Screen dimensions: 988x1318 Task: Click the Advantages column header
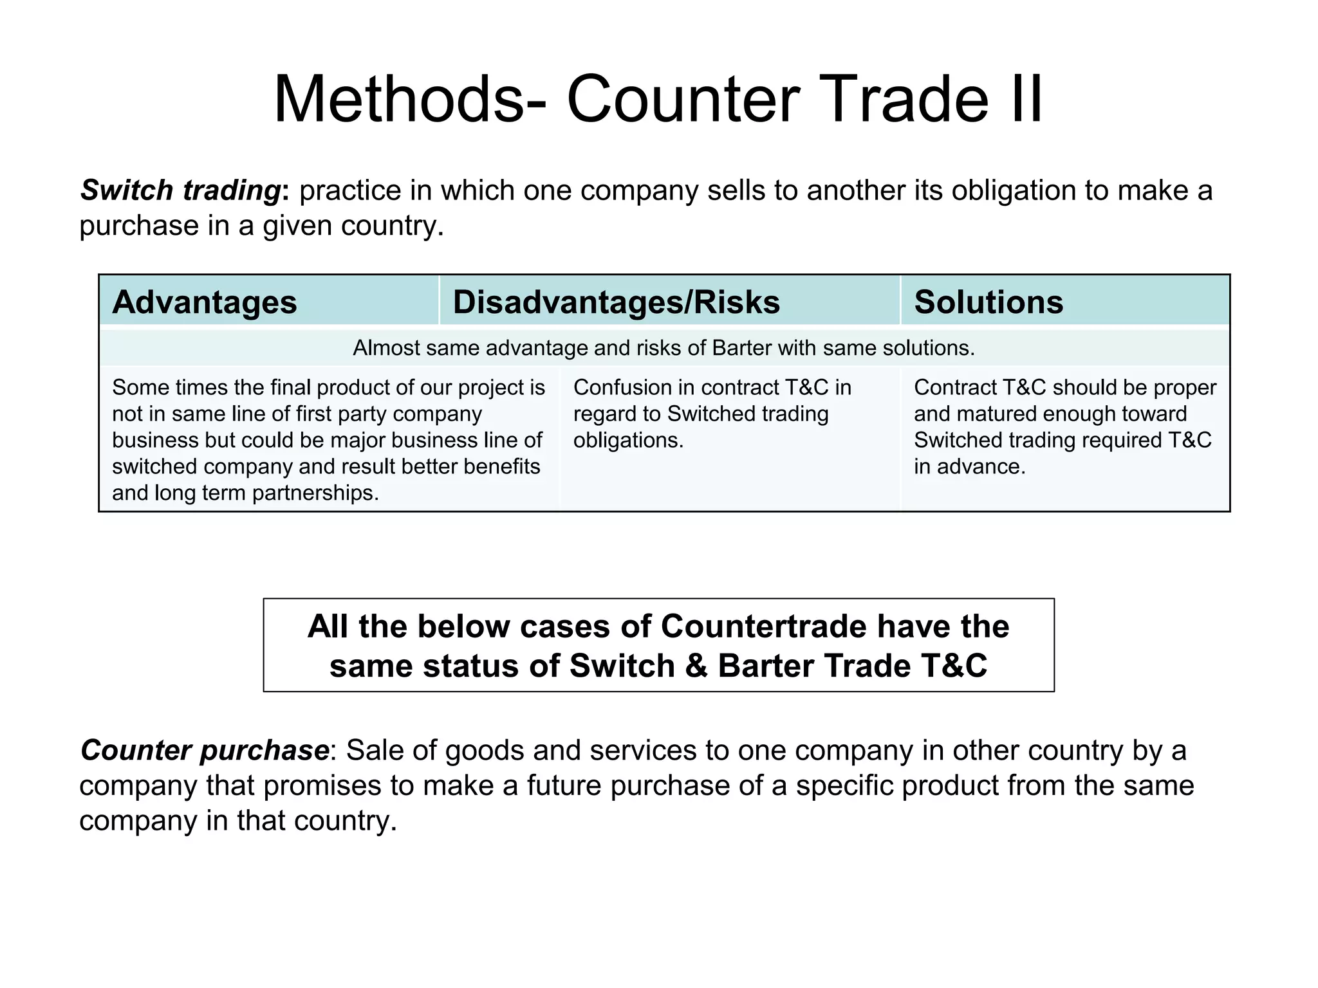pos(205,302)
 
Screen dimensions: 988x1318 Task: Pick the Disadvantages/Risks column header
pos(616,302)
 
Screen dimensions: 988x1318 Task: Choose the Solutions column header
pos(988,302)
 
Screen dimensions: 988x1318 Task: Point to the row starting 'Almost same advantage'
pos(664,348)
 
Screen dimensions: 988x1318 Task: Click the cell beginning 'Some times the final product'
pos(328,439)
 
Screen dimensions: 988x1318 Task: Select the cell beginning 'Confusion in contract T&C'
pos(712,414)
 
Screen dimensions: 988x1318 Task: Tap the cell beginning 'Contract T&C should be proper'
pos(1064,426)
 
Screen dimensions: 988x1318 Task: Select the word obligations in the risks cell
pos(627,440)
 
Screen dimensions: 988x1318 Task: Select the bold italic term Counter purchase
pos(205,750)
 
